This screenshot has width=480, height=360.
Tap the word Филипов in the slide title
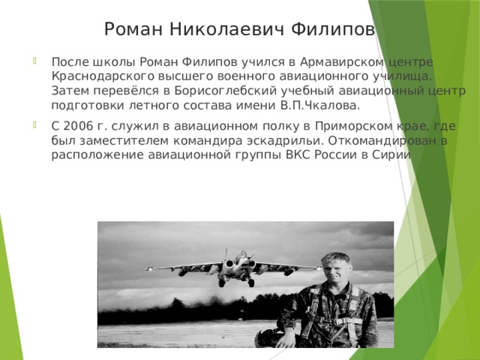click(x=334, y=29)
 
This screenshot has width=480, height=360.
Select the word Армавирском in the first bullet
click(x=331, y=61)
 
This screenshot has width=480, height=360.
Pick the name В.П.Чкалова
click(x=324, y=104)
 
